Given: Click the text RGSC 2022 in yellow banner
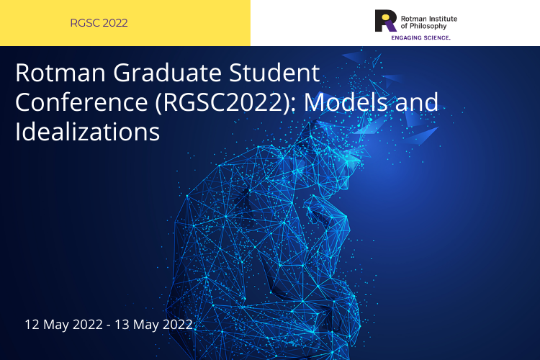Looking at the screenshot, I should (99, 23).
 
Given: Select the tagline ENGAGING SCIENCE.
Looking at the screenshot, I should (420, 36).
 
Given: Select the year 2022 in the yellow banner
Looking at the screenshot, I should (115, 23).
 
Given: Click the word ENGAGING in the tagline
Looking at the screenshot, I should (405, 36).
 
